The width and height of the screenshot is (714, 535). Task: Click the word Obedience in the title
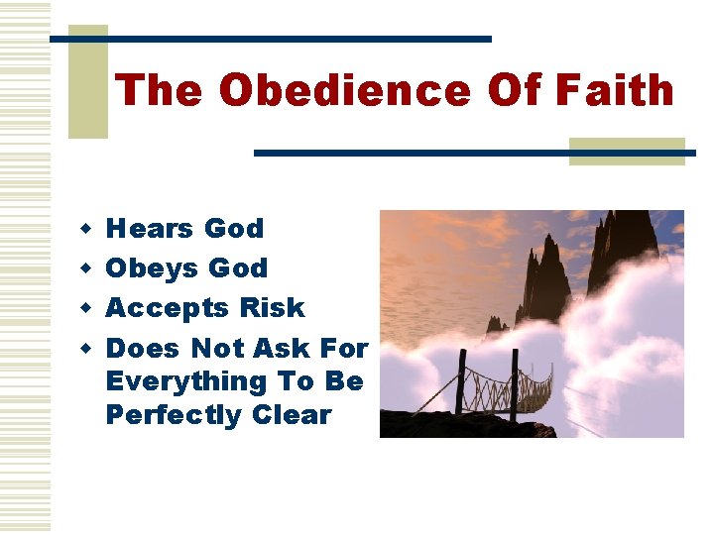pyautogui.click(x=345, y=91)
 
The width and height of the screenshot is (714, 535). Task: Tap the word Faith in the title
pyautogui.click(x=615, y=91)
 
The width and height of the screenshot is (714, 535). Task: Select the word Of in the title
pyautogui.click(x=513, y=91)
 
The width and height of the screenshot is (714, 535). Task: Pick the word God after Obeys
pyautogui.click(x=237, y=268)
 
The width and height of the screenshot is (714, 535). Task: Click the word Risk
pyautogui.click(x=271, y=308)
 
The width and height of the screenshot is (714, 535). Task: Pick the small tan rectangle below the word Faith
pyautogui.click(x=627, y=151)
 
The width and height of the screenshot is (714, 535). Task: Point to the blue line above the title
pyautogui.click(x=270, y=39)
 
